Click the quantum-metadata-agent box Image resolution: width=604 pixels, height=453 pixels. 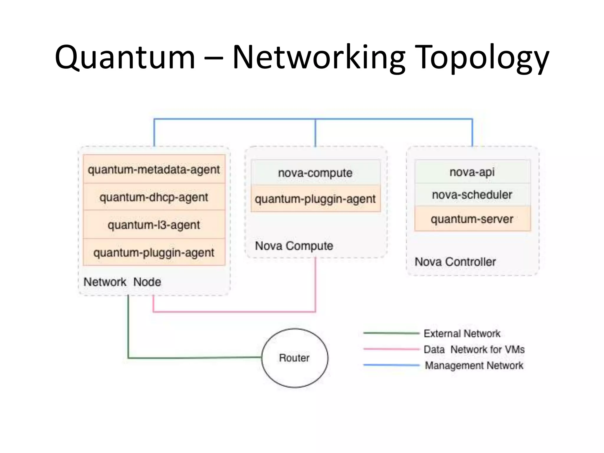coord(154,169)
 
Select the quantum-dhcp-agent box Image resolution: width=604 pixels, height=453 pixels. coord(154,197)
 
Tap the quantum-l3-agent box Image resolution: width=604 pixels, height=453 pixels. coord(154,225)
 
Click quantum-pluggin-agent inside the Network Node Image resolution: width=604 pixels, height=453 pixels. coord(154,252)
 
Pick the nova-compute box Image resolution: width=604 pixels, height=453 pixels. coord(315,173)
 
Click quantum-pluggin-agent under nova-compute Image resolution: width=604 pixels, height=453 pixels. coord(315,199)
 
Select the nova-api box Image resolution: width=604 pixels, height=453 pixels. coord(472,172)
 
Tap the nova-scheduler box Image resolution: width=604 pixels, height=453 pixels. coord(472,195)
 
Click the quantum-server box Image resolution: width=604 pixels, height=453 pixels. coord(472,219)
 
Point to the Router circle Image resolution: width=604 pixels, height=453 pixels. coord(294,358)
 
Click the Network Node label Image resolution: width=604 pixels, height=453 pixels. coord(122,282)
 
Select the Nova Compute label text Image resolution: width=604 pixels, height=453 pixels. coord(294,246)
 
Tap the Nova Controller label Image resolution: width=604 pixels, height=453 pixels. coord(455,262)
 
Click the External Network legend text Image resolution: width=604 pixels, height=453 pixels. coord(462,334)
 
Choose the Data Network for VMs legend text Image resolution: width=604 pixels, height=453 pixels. coord(474,349)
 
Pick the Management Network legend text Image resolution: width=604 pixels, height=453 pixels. coord(474,365)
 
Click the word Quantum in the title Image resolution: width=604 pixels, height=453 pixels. coord(125,58)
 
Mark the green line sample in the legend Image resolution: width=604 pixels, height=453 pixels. coord(391,333)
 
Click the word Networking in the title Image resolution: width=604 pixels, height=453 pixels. coord(319,58)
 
